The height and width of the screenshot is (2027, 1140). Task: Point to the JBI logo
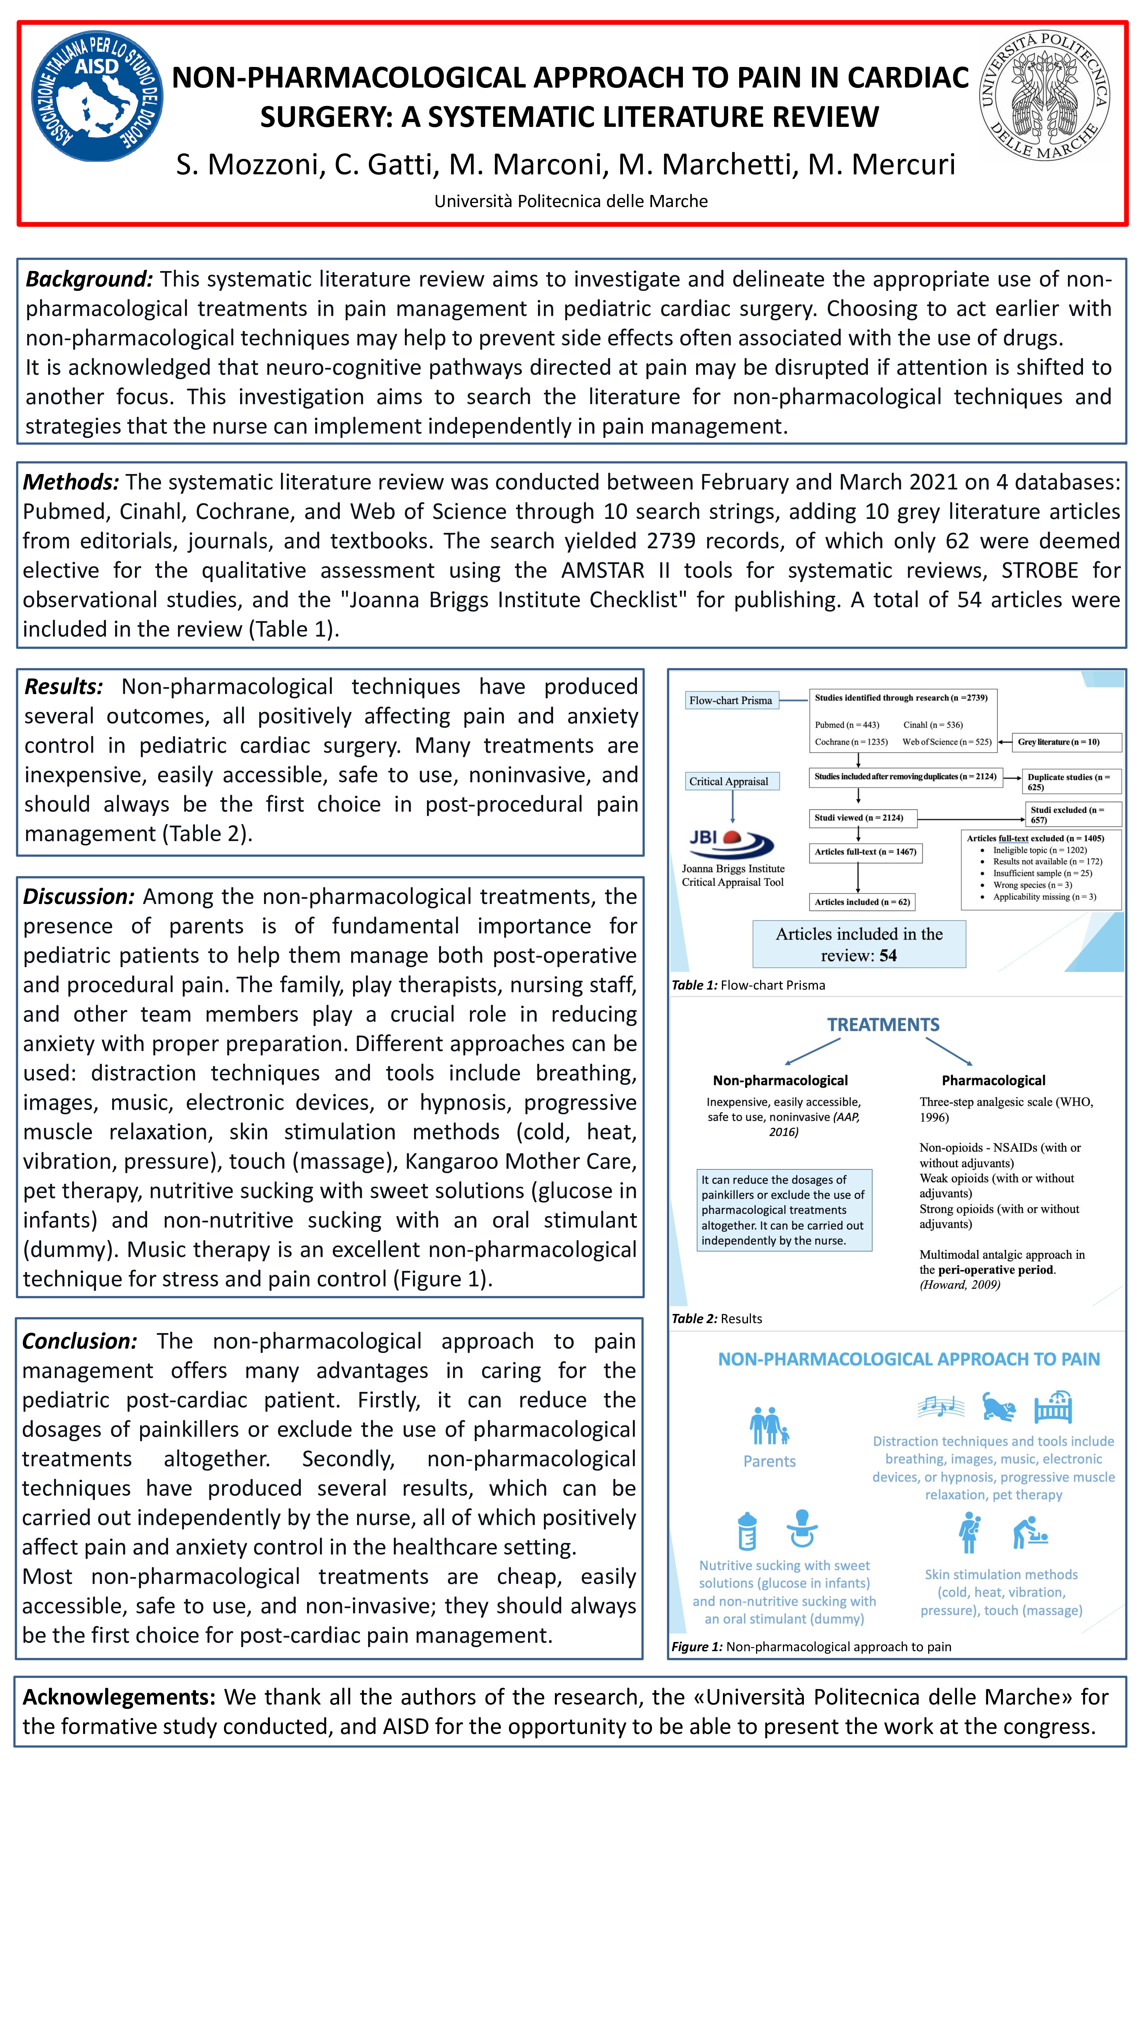[x=731, y=842]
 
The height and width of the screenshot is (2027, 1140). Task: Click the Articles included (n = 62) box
[x=862, y=902]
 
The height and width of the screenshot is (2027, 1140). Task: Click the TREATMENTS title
[x=883, y=1025]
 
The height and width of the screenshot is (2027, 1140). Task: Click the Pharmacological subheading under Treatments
[x=993, y=1080]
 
